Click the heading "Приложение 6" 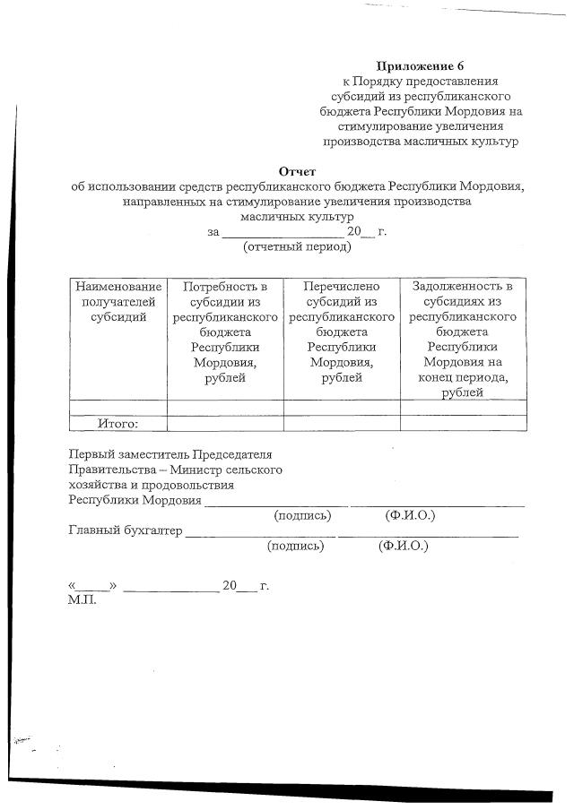421,66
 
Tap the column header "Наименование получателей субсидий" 118,302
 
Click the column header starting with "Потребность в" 225,332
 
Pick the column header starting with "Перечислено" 342,332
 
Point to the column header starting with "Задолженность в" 462,340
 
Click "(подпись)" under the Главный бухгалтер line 296,546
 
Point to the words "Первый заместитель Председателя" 170,454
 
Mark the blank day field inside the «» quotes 93,586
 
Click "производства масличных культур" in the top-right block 421,142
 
